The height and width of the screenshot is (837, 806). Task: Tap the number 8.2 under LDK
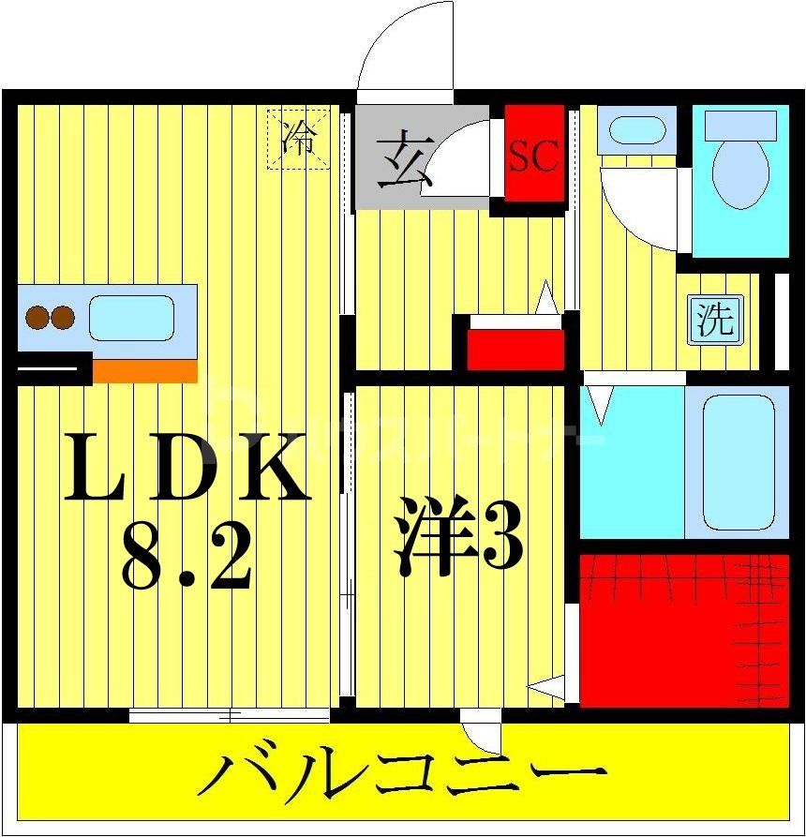(x=187, y=556)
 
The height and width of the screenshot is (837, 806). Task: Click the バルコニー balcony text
(x=403, y=777)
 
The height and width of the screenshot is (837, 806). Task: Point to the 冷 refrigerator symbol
(x=299, y=140)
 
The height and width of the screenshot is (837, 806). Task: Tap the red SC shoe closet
(x=533, y=154)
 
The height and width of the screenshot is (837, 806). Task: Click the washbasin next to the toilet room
(x=634, y=129)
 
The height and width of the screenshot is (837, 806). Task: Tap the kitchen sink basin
(x=132, y=317)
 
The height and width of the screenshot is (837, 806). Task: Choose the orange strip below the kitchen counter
(x=145, y=371)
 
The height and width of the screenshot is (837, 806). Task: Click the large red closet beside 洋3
(x=670, y=630)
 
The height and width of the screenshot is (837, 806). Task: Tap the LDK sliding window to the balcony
(x=230, y=716)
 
